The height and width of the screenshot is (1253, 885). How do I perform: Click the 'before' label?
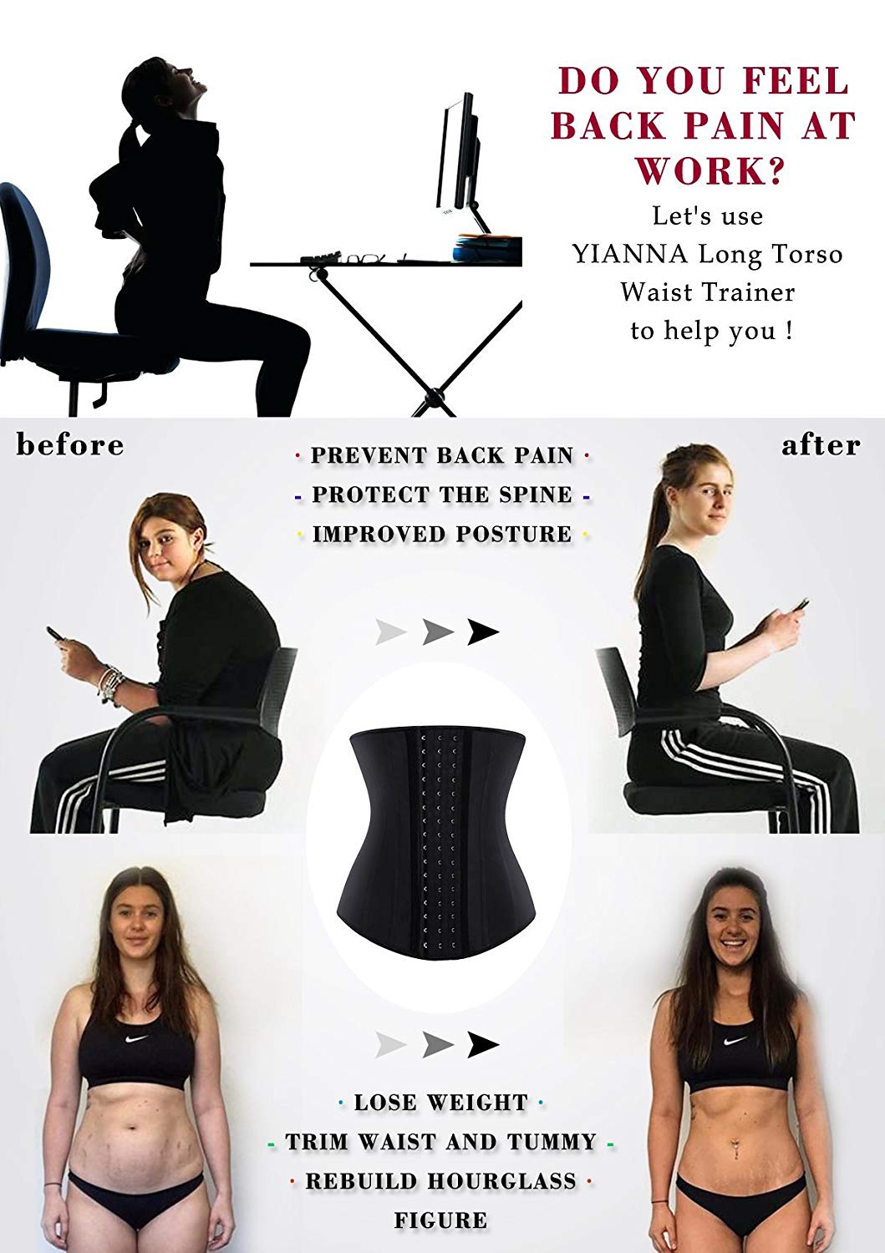70,445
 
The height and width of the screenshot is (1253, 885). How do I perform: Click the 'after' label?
820,445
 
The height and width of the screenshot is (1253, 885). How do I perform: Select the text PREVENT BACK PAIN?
442,456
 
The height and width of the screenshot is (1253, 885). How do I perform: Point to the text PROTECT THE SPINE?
442,495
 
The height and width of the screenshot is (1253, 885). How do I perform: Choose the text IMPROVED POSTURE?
442,535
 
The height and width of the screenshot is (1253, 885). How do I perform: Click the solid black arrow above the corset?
482,632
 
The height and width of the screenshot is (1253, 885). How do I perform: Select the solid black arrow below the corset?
482,1044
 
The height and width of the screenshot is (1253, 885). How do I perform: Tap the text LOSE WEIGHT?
440,1103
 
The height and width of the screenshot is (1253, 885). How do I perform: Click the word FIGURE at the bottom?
440,1220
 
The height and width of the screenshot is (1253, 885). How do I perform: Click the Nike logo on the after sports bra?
735,1042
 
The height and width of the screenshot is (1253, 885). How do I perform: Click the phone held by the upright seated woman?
800,604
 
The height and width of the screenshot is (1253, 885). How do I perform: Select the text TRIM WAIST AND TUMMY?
440,1142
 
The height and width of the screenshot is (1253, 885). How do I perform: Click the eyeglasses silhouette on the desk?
365,260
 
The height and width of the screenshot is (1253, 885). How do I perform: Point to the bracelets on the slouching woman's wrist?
109,682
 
